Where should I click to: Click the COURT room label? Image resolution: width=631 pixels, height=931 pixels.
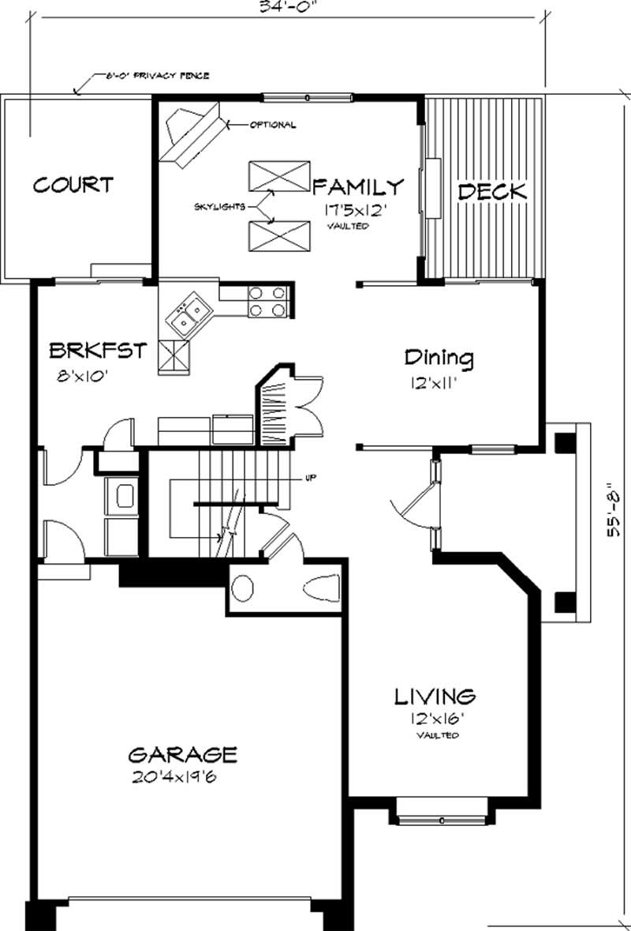pos(73,186)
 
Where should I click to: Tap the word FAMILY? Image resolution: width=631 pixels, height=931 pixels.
pos(358,187)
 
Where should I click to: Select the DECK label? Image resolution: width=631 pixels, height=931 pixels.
pos(492,191)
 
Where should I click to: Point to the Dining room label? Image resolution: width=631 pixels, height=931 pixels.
pos(439,358)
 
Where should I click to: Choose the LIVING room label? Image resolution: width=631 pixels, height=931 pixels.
pos(435,696)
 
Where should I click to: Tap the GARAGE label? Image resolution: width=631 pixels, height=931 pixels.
pos(182,754)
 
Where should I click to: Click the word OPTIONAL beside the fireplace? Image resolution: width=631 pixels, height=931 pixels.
pos(273,125)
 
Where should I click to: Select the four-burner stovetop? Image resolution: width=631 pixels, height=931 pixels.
pos(267,301)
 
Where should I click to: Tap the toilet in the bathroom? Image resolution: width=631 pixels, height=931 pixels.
pos(319,588)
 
